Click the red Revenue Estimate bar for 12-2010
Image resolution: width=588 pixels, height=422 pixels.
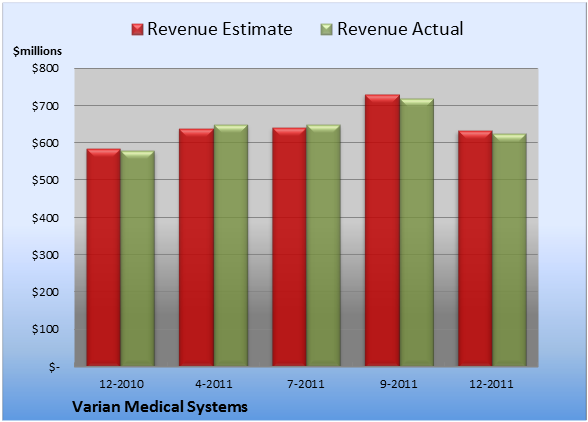click(x=104, y=257)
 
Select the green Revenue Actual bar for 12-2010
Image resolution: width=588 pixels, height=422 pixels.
click(x=137, y=258)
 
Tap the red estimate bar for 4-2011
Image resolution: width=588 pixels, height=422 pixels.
click(x=196, y=248)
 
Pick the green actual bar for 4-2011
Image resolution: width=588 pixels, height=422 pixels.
click(x=230, y=245)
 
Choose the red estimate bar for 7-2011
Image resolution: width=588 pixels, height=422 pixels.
click(x=289, y=247)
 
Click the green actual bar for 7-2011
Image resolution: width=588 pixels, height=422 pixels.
click(x=323, y=245)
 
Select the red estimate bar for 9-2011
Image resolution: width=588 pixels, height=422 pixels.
click(x=382, y=230)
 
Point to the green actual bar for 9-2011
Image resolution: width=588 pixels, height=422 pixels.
click(x=416, y=232)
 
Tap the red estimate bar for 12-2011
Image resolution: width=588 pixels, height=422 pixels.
click(x=475, y=248)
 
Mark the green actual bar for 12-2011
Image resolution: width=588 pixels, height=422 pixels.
click(x=509, y=250)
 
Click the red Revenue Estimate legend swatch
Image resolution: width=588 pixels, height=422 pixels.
click(x=137, y=30)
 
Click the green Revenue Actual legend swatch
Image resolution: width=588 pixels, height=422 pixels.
click(x=327, y=30)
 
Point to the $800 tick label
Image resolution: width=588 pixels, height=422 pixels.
click(x=45, y=68)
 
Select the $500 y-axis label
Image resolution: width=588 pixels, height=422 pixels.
click(x=45, y=180)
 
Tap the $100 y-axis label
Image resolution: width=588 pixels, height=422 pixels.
click(x=45, y=329)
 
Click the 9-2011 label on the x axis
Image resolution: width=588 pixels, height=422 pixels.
click(x=399, y=384)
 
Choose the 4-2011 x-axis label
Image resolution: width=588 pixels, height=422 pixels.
click(x=214, y=384)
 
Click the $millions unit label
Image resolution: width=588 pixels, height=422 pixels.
click(x=37, y=51)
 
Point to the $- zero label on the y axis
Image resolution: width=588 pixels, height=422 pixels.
click(x=54, y=367)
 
